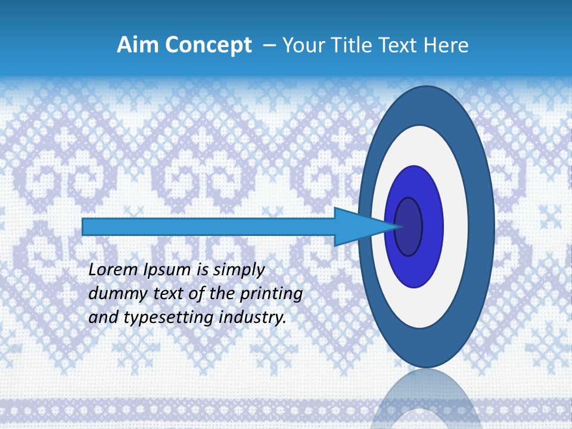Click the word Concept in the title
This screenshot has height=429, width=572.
(x=208, y=45)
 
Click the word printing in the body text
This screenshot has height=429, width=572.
(x=271, y=294)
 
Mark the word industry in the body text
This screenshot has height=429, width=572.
(x=250, y=318)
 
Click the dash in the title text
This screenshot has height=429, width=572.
(x=269, y=45)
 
